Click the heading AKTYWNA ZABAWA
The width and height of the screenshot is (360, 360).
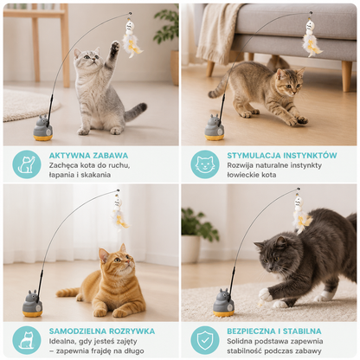[88, 156]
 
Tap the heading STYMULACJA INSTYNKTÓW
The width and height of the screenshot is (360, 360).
[282, 156]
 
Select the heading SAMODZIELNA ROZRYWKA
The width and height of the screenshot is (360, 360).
[102, 331]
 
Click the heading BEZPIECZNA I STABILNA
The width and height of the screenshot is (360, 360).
[274, 331]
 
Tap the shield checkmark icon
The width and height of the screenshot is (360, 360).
[205, 340]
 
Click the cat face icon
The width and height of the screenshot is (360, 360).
[205, 164]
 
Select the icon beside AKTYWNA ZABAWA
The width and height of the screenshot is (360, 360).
[27, 164]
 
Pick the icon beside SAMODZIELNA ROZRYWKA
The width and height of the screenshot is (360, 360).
[27, 340]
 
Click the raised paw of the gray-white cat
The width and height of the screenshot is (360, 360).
[115, 47]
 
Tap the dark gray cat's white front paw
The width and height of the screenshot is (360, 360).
[266, 295]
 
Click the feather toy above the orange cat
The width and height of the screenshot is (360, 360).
[119, 213]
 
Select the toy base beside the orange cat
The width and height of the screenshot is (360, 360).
[32, 304]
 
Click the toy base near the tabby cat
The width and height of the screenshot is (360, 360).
[215, 127]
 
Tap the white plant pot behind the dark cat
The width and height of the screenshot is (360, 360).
[190, 248]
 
